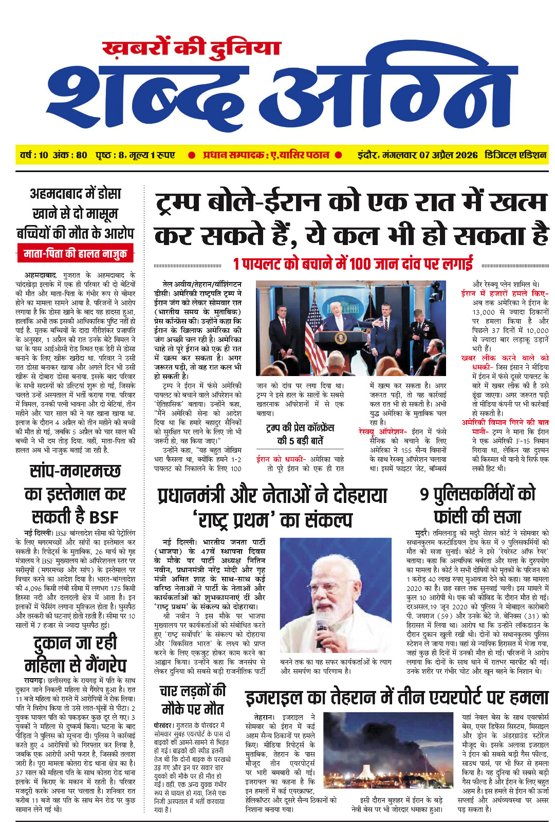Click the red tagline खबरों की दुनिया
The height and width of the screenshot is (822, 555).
(x=191, y=48)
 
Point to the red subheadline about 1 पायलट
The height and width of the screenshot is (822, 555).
(x=353, y=264)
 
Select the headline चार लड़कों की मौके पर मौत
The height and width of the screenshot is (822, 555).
(x=193, y=700)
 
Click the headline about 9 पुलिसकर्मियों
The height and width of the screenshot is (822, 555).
(x=477, y=505)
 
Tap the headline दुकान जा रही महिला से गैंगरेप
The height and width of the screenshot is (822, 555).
(x=75, y=653)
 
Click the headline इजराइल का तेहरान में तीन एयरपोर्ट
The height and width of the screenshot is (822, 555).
(x=397, y=698)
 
